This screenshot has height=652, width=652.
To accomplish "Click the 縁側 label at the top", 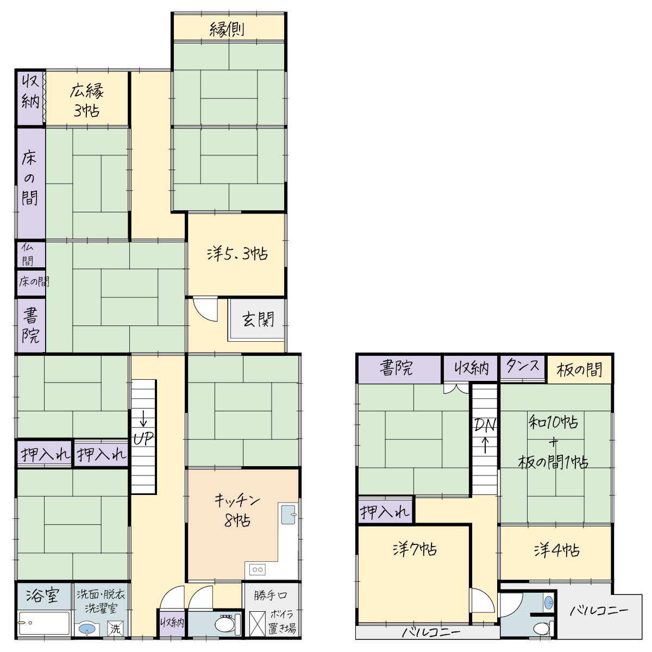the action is tap(227, 29).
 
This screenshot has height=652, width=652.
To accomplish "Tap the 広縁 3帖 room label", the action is tap(86, 101).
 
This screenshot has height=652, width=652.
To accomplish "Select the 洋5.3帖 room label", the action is tap(237, 254).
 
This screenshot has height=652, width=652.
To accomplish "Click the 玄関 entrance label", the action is tap(258, 319).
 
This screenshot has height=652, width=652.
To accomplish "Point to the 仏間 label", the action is tap(28, 254).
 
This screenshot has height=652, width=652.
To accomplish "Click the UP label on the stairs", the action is tap(143, 439).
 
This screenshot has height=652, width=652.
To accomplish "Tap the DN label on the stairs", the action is tap(485, 425).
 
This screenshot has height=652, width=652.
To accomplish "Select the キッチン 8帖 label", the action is tap(237, 511).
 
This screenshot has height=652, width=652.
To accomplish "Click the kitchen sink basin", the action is tap(289, 515).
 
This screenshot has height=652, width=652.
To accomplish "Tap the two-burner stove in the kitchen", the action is tap(258, 570).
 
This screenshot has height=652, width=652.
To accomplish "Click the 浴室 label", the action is tap(42, 596).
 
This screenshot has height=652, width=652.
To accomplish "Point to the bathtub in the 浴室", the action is tap(44, 623).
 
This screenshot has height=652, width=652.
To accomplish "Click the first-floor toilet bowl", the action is tap(224, 625).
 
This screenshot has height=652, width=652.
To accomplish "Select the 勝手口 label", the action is tap(271, 595).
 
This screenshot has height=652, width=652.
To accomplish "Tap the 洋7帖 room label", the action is tap(415, 549).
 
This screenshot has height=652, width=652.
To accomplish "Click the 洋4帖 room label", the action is tap(556, 550).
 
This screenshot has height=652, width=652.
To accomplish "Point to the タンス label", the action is tap(523, 366).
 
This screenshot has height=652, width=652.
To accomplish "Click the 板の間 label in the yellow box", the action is tap(579, 369).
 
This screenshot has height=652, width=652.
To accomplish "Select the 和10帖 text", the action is tap(553, 422).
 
